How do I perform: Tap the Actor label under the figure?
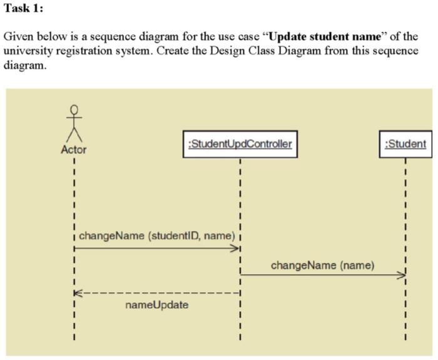(x=74, y=150)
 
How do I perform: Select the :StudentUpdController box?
(x=240, y=144)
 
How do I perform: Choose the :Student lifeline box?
(x=406, y=144)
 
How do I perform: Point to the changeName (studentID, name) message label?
(x=156, y=236)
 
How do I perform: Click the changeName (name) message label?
(x=323, y=265)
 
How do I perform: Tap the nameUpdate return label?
(x=156, y=305)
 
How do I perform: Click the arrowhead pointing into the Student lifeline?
(x=402, y=275)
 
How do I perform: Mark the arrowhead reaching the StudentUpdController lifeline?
(x=237, y=248)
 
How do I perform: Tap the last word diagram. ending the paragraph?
(x=25, y=65)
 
